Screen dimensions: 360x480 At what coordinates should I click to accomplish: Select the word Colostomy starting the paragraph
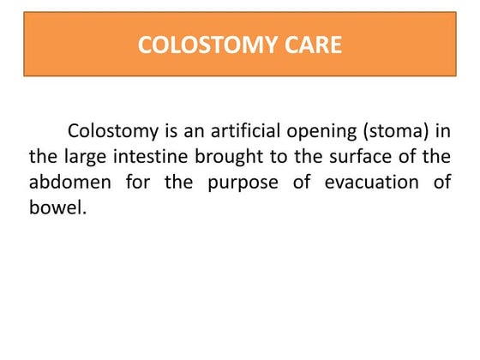[112, 133]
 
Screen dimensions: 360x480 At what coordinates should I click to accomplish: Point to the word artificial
[244, 133]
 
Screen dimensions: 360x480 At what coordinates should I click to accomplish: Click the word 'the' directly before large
[42, 158]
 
